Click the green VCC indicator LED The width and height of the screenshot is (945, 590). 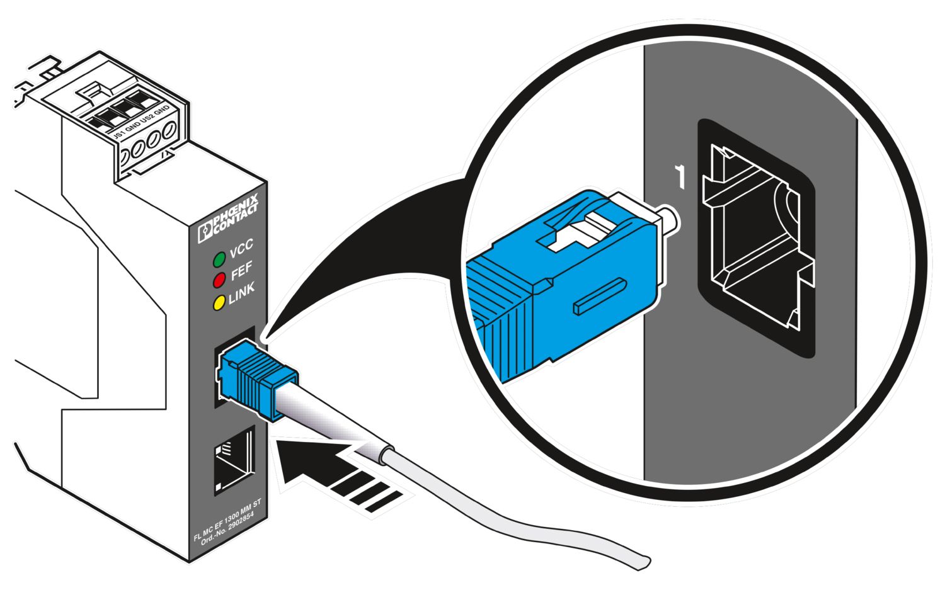[219, 259]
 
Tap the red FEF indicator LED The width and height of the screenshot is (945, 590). [219, 280]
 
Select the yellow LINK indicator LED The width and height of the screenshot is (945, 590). [219, 303]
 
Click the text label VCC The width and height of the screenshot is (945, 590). [241, 249]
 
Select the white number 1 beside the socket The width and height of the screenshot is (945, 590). [679, 177]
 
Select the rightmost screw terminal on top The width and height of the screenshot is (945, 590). [168, 133]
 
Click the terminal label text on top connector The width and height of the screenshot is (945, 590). [140, 123]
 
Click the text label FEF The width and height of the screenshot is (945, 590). [241, 271]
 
